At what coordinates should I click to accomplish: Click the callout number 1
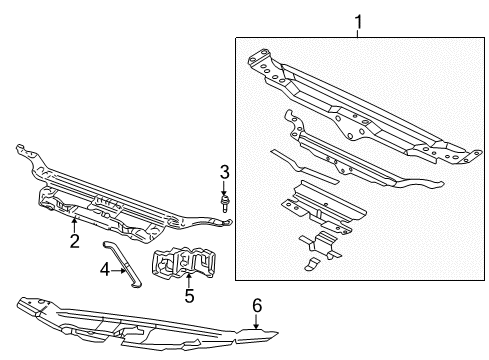click(358, 19)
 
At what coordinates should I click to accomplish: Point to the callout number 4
click(105, 268)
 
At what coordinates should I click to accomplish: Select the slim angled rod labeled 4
click(128, 263)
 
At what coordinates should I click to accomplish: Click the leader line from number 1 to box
click(358, 32)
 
